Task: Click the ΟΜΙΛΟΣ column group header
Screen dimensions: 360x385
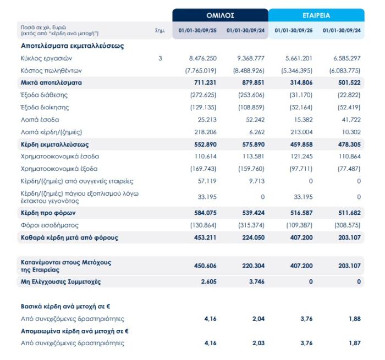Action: (219, 15)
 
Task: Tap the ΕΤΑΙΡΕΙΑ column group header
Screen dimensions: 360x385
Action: (316, 15)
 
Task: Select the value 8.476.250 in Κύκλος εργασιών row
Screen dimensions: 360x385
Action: (202, 58)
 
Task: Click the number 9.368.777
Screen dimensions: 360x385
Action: (251, 58)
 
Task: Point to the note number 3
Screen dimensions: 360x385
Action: (160, 58)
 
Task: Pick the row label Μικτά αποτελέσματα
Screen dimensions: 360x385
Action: (51, 82)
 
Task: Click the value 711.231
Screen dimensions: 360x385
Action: (205, 82)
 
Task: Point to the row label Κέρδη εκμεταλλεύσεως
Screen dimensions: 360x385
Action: (55, 144)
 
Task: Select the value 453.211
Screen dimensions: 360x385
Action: (205, 238)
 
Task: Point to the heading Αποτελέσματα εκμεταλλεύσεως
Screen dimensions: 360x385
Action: (73, 46)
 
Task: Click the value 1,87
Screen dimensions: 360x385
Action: (354, 343)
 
